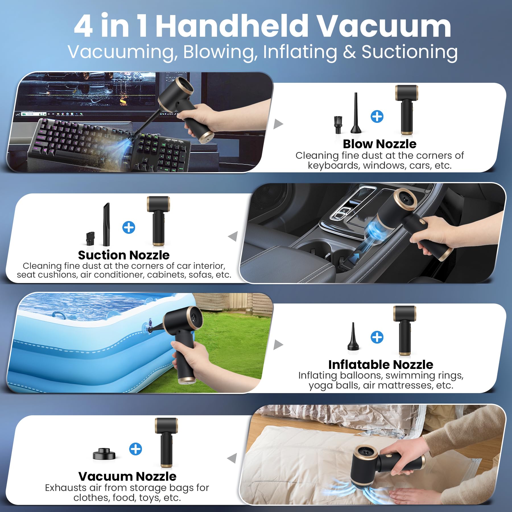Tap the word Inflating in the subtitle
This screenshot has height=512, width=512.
pyautogui.click(x=300, y=52)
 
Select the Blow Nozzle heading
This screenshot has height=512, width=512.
pyautogui.click(x=379, y=144)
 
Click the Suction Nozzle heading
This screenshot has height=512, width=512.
pyautogui.click(x=124, y=255)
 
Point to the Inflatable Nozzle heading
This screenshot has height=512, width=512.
pyautogui.click(x=381, y=365)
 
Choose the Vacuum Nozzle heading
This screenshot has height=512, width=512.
pyautogui.click(x=127, y=476)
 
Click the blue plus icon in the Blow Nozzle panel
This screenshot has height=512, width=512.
pyautogui.click(x=377, y=117)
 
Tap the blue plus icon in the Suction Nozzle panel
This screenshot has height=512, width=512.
pyautogui.click(x=129, y=228)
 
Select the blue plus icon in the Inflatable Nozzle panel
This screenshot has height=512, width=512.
pyautogui.click(x=377, y=337)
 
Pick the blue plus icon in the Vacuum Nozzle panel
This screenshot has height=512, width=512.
pyautogui.click(x=135, y=449)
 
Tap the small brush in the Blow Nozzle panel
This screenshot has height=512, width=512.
pyautogui.click(x=338, y=125)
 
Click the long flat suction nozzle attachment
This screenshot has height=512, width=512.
pyautogui.click(x=106, y=224)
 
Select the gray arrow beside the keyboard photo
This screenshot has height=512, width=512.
pyautogui.click(x=278, y=124)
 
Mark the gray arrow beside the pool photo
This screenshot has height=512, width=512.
pyautogui.click(x=278, y=344)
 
